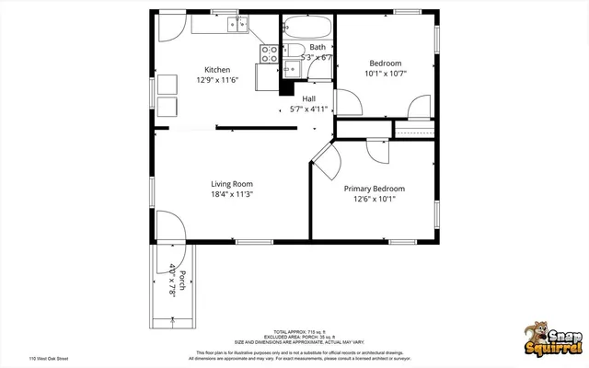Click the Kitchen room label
click(217, 70)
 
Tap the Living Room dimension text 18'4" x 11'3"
click(231, 194)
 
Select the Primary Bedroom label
click(374, 189)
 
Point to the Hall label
click(309, 98)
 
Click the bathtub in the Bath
click(307, 27)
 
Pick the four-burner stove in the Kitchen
click(270, 53)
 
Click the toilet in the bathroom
click(286, 50)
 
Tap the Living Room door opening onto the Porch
click(171, 226)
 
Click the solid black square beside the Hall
click(285, 89)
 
